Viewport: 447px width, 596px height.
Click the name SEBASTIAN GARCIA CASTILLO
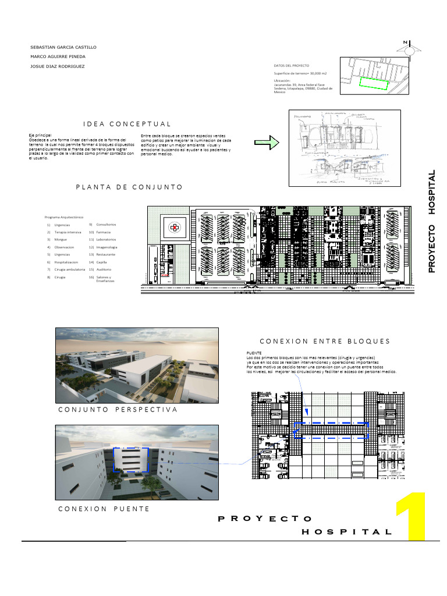point(63,47)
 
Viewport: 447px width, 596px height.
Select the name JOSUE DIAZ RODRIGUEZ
point(57,66)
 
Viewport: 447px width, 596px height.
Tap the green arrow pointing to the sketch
point(267,143)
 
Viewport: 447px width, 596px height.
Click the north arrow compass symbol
point(411,49)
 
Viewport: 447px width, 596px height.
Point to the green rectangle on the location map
point(373,83)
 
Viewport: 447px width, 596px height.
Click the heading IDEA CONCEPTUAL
point(127,124)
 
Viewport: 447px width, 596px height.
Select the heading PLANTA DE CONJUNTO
point(129,187)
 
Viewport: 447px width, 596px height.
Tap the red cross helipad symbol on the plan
point(173,228)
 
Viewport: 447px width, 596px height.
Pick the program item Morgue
point(61,239)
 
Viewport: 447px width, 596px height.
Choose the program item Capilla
point(102,262)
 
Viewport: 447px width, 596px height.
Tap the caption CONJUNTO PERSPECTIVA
point(118,410)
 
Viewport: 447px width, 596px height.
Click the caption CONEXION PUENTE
point(104,509)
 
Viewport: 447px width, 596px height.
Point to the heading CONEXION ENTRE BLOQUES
point(324,341)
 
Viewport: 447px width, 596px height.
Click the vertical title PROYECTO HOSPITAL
point(432,221)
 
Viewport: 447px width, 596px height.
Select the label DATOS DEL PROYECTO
point(291,66)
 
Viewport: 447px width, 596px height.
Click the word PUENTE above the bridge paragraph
point(254,353)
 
